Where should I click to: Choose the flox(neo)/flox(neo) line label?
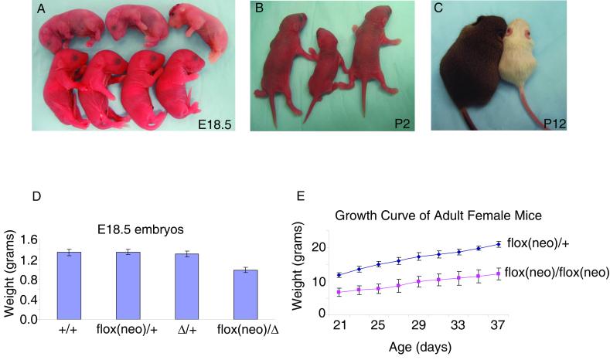tap(558, 272)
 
